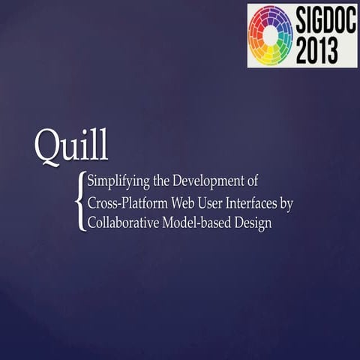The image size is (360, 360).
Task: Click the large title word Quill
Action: (71, 147)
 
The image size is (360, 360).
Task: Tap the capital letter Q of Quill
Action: (47, 147)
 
